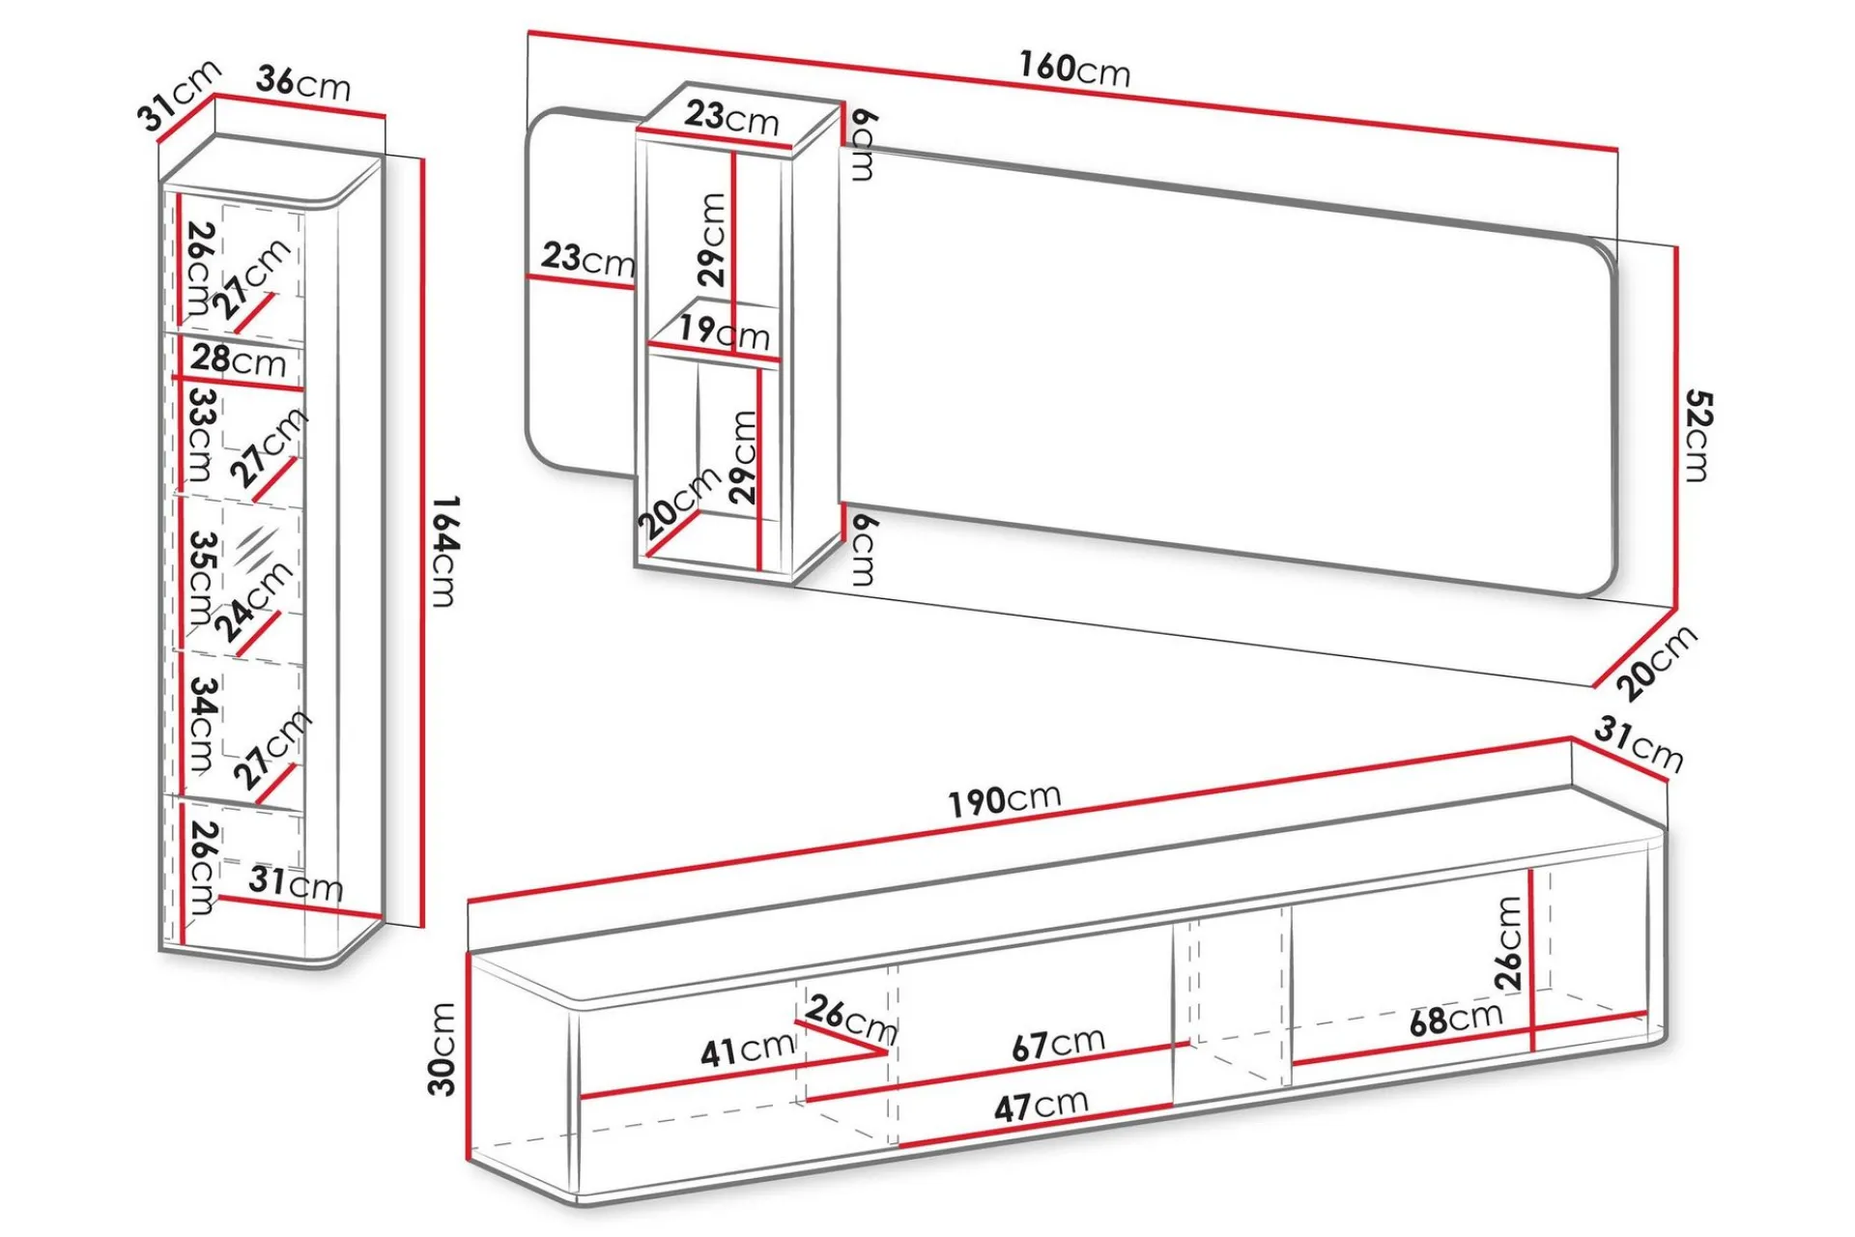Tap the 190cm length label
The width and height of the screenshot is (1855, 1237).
[1005, 800]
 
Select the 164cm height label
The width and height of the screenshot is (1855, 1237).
[443, 551]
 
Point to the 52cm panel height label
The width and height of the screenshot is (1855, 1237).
[1698, 435]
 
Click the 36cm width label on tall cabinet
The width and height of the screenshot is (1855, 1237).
[303, 83]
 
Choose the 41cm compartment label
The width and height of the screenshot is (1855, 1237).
[747, 1050]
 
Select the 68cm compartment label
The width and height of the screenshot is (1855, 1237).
[1456, 1019]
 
